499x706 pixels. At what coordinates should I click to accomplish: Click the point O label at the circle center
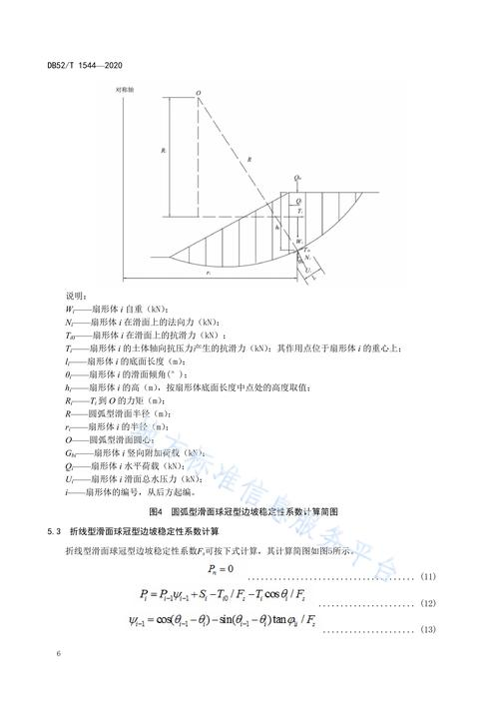199,94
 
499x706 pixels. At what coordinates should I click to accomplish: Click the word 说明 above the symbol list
77,297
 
